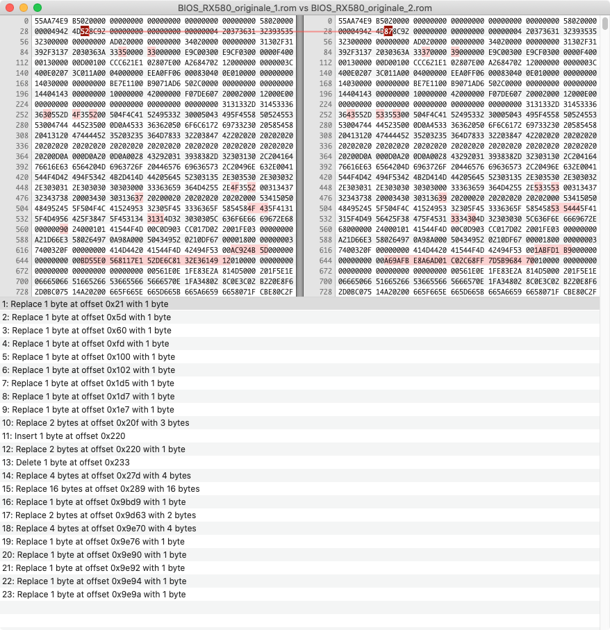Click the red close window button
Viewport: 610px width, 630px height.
coord(10,8)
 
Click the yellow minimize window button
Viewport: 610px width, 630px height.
coord(24,8)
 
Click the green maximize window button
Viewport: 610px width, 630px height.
coord(38,8)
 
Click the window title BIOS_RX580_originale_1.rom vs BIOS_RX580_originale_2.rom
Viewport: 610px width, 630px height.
coord(304,8)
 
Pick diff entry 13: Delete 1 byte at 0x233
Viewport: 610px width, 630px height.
coord(70,463)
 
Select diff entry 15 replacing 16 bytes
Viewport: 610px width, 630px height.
coord(105,489)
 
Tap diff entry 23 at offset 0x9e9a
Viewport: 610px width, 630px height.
coord(101,595)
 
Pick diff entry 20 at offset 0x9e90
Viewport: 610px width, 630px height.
coord(101,555)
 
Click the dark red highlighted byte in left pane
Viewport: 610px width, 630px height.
coord(85,31)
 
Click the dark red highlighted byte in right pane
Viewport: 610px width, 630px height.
coord(389,31)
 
